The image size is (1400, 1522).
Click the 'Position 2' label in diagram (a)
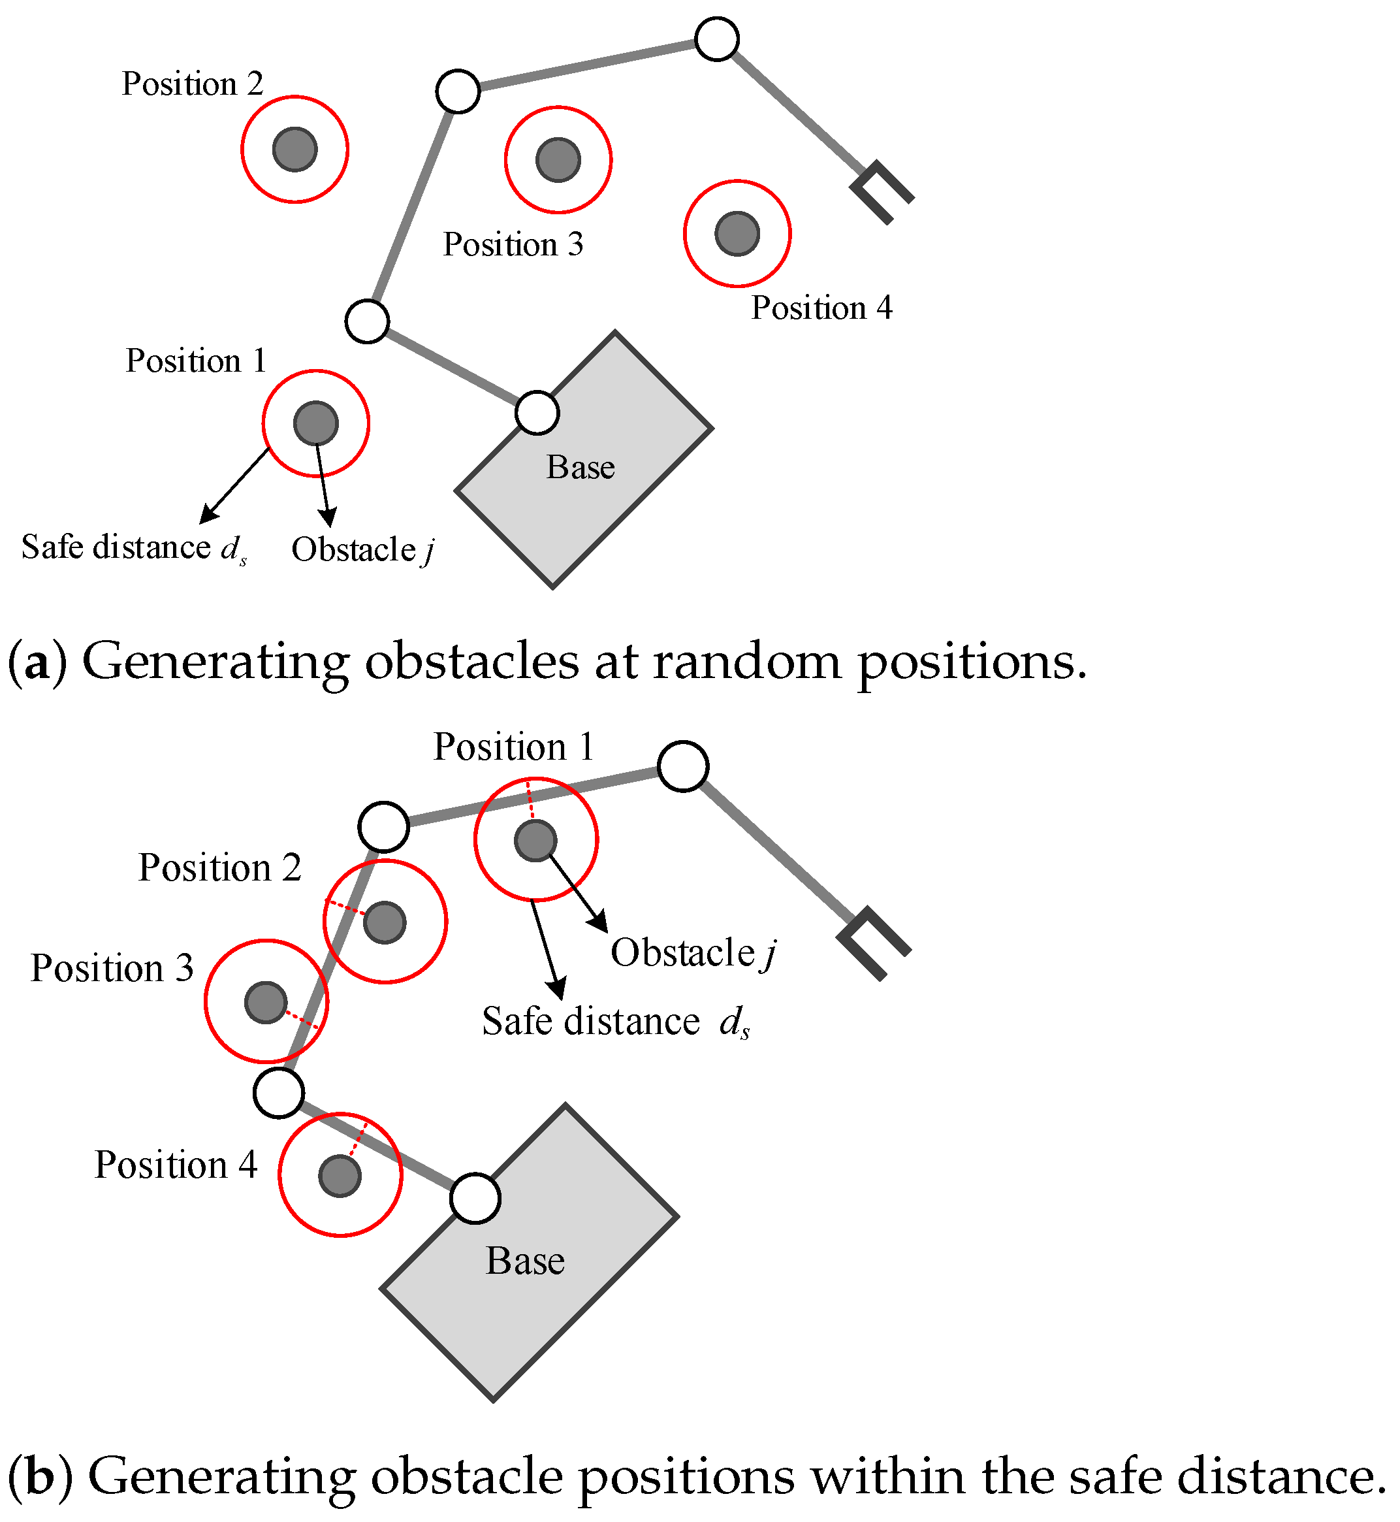tap(193, 84)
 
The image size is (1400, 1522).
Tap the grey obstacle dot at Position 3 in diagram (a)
tap(558, 160)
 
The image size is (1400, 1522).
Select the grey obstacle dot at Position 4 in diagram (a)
tap(737, 233)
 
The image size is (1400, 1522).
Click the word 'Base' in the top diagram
tap(581, 468)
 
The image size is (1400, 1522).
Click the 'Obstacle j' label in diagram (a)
tap(362, 549)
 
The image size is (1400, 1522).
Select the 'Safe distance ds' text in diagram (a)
tap(133, 547)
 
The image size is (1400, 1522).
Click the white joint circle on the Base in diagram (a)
tap(537, 413)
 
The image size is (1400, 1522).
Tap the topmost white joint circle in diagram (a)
tap(717, 39)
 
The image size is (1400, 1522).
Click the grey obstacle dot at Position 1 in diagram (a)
tap(316, 423)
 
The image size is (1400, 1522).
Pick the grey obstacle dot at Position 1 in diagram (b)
tap(535, 841)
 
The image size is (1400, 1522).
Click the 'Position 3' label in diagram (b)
tap(112, 968)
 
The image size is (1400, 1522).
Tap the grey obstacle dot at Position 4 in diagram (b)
tap(340, 1176)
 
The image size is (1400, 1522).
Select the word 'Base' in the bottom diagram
tap(525, 1261)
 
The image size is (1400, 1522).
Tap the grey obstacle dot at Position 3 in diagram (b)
tap(266, 1002)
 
